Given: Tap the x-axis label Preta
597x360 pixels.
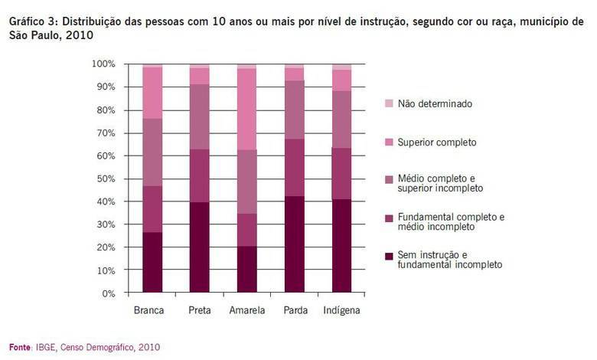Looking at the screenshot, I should click(x=200, y=311).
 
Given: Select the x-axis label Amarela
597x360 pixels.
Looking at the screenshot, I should click(x=247, y=311).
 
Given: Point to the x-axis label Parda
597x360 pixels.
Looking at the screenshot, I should click(x=295, y=311).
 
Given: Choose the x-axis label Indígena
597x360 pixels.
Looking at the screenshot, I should click(x=341, y=311).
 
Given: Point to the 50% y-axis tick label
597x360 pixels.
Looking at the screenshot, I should click(x=104, y=178).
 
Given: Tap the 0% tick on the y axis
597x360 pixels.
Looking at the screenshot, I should click(x=107, y=293).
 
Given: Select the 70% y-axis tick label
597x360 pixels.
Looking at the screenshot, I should click(x=104, y=133).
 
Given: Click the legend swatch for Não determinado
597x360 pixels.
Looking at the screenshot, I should click(x=389, y=103).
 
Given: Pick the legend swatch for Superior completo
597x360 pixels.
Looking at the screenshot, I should click(x=389, y=142).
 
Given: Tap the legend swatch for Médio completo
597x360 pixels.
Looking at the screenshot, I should click(x=389, y=178).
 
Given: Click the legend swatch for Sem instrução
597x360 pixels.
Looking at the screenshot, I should click(x=389, y=254).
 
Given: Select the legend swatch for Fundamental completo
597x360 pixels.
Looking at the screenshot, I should click(x=389, y=218).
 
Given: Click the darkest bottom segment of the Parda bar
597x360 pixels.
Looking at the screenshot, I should click(x=295, y=245).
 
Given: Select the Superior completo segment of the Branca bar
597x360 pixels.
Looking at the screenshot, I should click(x=152, y=93).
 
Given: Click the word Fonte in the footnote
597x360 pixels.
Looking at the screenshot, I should click(x=21, y=347).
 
